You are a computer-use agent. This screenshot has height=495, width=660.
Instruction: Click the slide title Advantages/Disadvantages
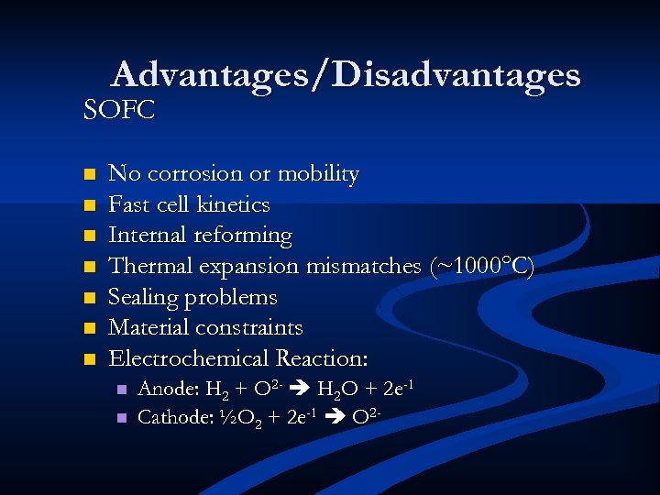(346, 74)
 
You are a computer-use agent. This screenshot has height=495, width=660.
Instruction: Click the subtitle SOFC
(119, 110)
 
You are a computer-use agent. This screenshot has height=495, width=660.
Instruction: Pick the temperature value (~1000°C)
(481, 267)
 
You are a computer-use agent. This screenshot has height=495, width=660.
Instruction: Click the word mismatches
(363, 267)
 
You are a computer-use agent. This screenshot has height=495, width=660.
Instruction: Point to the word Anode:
(168, 390)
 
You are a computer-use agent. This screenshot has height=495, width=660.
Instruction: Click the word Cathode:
(174, 417)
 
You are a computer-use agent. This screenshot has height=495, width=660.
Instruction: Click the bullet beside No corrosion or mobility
(89, 174)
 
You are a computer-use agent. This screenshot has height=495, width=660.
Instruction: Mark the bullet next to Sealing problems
(89, 298)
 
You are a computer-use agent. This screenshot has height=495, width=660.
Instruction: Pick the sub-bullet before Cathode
(120, 418)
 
